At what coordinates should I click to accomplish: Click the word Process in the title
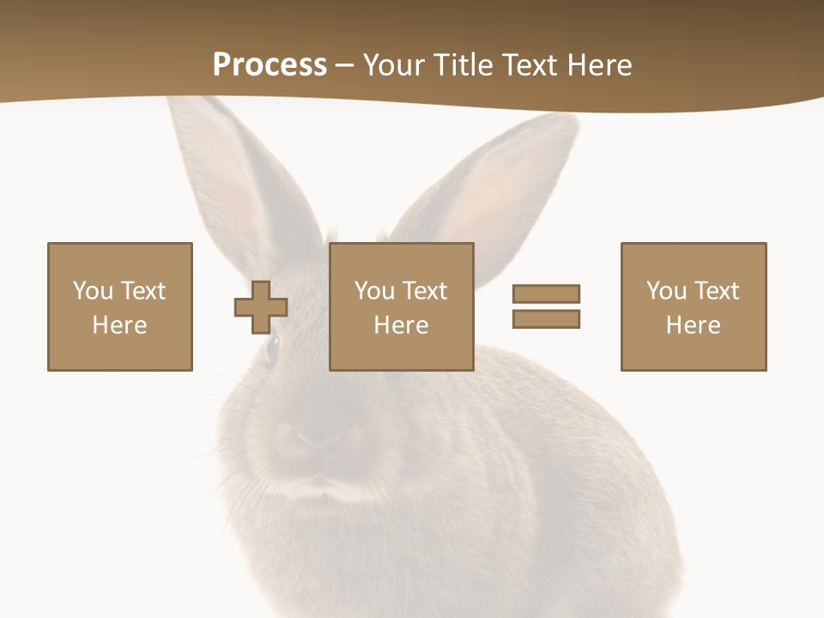pos(270,64)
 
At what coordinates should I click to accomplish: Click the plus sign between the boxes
pos(261,306)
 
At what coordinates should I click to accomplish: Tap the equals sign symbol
pos(546,306)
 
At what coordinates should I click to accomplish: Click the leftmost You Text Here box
pos(120,306)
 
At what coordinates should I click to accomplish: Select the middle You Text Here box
pos(402,306)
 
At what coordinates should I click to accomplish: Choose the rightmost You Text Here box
pos(694,306)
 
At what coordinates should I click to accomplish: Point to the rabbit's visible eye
pos(273,348)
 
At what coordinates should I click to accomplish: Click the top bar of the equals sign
pos(546,294)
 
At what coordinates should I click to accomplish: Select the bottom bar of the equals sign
pos(546,318)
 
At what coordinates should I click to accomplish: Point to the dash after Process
pos(345,66)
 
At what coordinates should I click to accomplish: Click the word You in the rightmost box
pos(666,291)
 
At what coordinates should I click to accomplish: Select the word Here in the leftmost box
pos(120,325)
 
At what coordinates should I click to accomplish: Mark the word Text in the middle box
pos(424,291)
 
